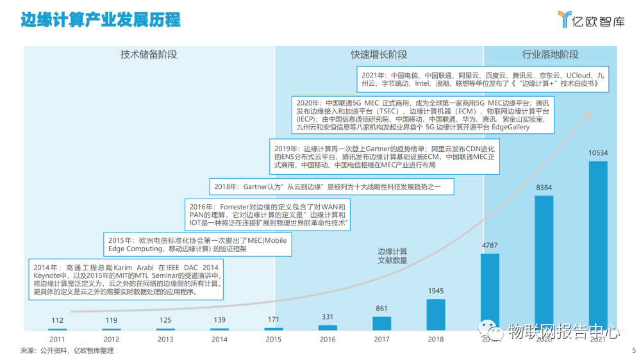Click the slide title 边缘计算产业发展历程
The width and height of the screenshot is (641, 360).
tap(101, 20)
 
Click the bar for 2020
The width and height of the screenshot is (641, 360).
tap(544, 263)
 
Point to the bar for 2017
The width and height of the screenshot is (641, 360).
tap(381, 323)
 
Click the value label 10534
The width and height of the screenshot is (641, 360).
tap(597, 154)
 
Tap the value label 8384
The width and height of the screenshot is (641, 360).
tap(544, 188)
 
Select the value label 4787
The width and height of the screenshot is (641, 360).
tap(490, 245)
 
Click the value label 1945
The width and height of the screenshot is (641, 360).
tap(436, 291)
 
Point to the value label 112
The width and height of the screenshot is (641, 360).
tap(57, 320)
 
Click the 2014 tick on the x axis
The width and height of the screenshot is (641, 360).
tap(219, 340)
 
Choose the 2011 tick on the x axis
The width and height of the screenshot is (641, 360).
tap(57, 340)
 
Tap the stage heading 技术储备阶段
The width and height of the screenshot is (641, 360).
tap(149, 54)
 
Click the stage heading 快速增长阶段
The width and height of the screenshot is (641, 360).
tap(378, 54)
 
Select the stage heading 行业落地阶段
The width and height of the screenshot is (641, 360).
tap(550, 54)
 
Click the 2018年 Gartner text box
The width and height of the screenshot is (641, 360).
tap(331, 187)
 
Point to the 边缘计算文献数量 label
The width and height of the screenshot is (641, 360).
tap(392, 256)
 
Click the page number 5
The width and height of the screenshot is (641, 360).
tap(633, 350)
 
